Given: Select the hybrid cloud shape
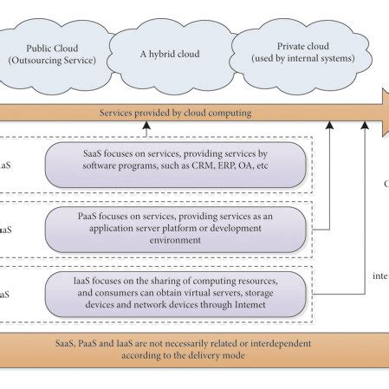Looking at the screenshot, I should pos(170,54).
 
